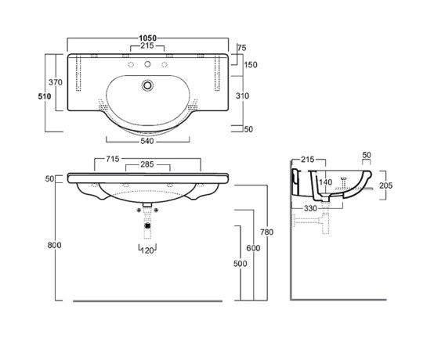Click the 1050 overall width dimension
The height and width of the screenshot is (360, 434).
147,38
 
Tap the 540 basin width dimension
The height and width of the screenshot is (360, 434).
147,141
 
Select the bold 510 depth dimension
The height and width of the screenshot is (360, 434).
45,96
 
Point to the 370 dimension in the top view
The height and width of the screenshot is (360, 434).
56,82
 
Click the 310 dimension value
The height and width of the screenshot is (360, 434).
243,95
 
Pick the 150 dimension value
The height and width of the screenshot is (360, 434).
251,65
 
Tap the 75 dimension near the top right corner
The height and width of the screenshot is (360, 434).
241,48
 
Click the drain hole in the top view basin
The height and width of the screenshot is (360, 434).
147,85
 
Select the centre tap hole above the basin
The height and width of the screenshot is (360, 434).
147,64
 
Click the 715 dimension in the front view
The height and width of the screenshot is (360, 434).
113,159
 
